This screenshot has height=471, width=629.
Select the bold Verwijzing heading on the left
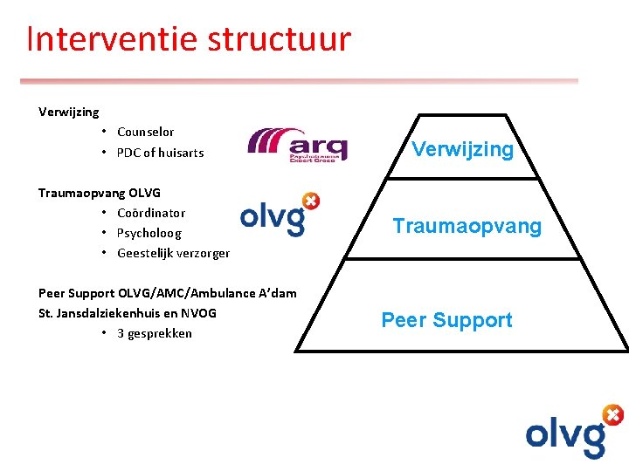tap(69, 112)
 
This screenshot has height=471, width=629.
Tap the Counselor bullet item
tap(145, 132)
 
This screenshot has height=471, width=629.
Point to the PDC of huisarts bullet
tap(160, 153)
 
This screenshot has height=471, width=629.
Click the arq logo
tap(298, 145)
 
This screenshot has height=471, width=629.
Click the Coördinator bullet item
tap(151, 213)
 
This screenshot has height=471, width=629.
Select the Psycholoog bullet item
tap(149, 233)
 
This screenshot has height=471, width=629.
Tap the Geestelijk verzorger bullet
tap(173, 253)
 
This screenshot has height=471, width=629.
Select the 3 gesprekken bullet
tap(154, 333)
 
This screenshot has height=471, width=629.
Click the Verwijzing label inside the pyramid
tap(462, 149)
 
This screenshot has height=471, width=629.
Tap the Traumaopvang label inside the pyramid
tap(467, 227)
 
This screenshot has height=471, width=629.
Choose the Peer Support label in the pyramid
tap(446, 320)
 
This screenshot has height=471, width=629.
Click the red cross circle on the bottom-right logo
tap(613, 414)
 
